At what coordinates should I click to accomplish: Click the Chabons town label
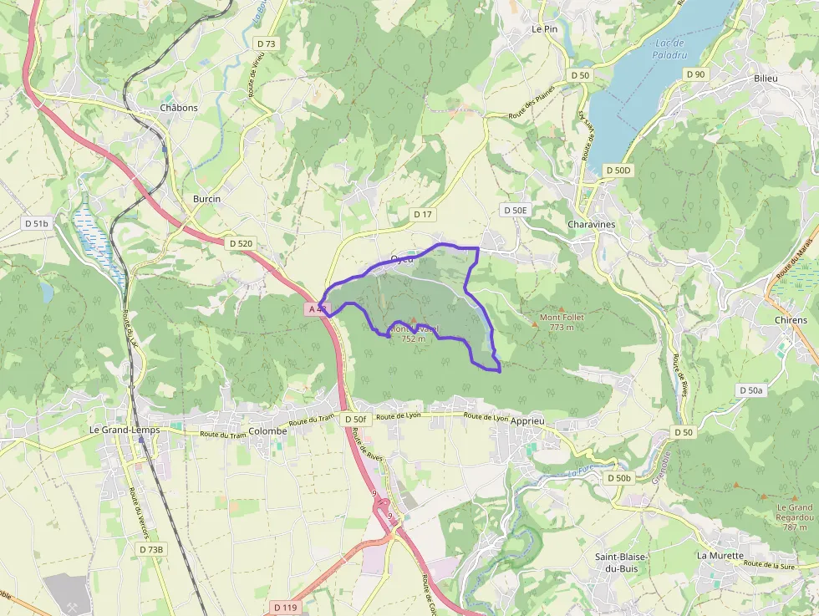point(179,108)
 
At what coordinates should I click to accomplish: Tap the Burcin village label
point(206,199)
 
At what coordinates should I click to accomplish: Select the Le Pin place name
point(544,28)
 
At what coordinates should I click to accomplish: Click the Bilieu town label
point(766,79)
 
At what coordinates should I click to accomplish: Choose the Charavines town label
point(591,225)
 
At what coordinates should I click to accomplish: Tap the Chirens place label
point(791,320)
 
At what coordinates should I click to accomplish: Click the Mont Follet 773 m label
point(561,322)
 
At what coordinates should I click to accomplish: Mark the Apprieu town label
point(526,421)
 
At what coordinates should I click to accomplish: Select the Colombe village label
point(267,431)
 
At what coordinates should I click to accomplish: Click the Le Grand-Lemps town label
point(125,430)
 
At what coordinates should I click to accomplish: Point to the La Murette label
point(720,555)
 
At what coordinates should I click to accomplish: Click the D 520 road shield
point(241,243)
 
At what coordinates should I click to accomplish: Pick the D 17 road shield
point(424,215)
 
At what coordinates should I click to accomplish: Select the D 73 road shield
point(266,42)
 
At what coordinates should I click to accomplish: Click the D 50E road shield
point(514,210)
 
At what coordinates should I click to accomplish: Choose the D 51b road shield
point(38,223)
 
